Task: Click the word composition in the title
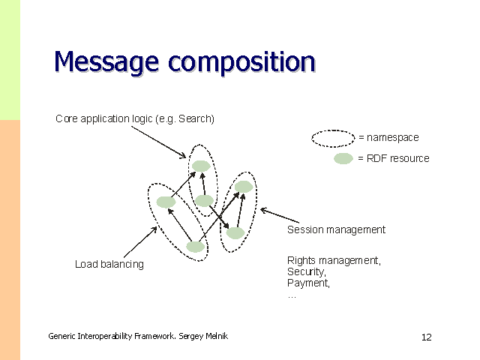[x=241, y=63]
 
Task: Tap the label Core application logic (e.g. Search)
[x=135, y=118]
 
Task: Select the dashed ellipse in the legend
[x=332, y=138]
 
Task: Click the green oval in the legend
[x=343, y=158]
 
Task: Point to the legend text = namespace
[x=388, y=138]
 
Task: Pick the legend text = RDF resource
[x=393, y=158]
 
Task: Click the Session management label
[x=336, y=229]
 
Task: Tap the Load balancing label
[x=109, y=264]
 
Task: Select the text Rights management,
[x=334, y=260]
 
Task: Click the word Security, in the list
[x=306, y=271]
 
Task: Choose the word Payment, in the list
[x=308, y=283]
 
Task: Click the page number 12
[x=426, y=337]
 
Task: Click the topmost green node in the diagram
[x=200, y=166]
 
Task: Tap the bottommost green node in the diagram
[x=195, y=246]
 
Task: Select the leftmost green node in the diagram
[x=166, y=202]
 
